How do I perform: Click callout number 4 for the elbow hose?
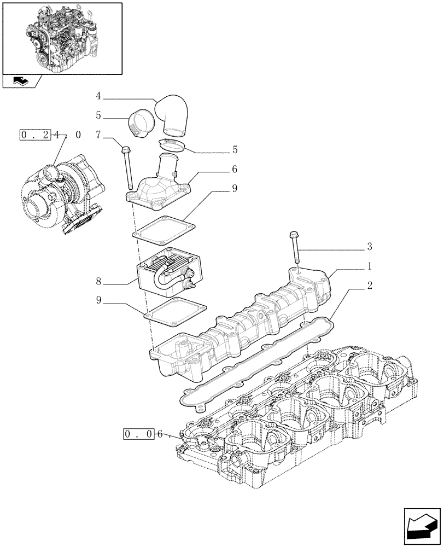98,97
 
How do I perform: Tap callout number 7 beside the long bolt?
98,135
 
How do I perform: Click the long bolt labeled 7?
127,167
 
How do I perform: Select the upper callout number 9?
234,189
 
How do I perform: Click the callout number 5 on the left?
98,116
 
